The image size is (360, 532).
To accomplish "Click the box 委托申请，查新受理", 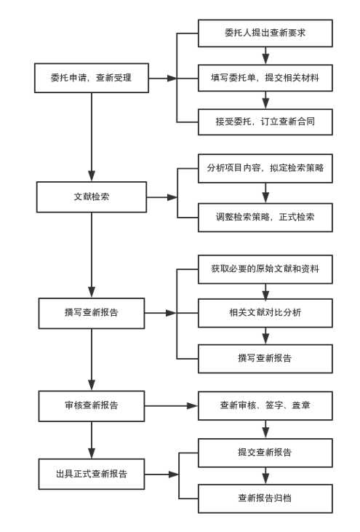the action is pyautogui.click(x=92, y=78).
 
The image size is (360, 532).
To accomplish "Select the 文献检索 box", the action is pyautogui.click(x=92, y=197).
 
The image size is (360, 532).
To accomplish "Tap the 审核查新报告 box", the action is pyautogui.click(x=92, y=406).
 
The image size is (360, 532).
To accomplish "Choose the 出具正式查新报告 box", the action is pyautogui.click(x=92, y=474).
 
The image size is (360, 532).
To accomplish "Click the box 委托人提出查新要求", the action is pyautogui.click(x=265, y=33).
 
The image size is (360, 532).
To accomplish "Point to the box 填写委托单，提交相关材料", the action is pyautogui.click(x=265, y=78).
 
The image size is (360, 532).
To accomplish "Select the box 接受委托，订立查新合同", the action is pyautogui.click(x=265, y=122).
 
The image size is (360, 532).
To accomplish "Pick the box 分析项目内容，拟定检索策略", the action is pyautogui.click(x=265, y=168).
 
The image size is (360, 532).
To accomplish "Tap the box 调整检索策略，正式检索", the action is pyautogui.click(x=265, y=218).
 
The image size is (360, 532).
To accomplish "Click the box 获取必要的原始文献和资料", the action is pyautogui.click(x=265, y=269).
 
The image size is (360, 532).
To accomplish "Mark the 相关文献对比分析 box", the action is pyautogui.click(x=265, y=313).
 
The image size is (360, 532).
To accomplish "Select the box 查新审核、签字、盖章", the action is pyautogui.click(x=265, y=406).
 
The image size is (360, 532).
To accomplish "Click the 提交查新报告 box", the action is pyautogui.click(x=265, y=453).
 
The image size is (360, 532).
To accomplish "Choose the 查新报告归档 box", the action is pyautogui.click(x=265, y=499).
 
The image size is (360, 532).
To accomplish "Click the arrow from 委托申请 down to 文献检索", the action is pyautogui.click(x=92, y=137).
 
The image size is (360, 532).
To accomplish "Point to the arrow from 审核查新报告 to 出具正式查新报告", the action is pyautogui.click(x=92, y=440).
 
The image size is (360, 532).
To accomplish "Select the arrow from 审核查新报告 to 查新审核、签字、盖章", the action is pyautogui.click(x=171, y=406).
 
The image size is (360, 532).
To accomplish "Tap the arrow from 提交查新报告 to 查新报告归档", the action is pyautogui.click(x=265, y=476).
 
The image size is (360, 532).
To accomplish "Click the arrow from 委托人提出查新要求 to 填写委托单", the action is pyautogui.click(x=265, y=55).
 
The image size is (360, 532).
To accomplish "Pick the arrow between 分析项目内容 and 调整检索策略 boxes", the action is pyautogui.click(x=265, y=193).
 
